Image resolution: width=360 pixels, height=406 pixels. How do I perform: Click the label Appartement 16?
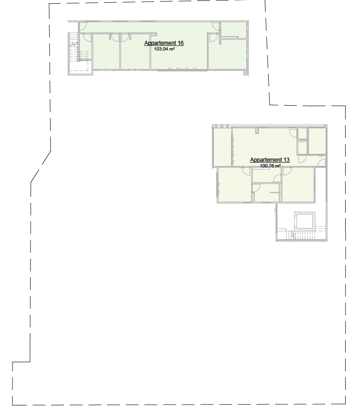(x=164, y=43)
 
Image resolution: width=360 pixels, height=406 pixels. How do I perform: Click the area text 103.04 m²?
(x=164, y=49)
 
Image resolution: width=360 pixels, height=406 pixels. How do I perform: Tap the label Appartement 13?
(x=270, y=160)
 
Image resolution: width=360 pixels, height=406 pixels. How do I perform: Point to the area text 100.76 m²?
(x=270, y=165)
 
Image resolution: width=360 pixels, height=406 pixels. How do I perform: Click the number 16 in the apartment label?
(x=180, y=43)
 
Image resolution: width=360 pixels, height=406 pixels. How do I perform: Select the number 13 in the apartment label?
(x=286, y=160)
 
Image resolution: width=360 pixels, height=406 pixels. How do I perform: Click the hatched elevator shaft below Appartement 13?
(x=304, y=221)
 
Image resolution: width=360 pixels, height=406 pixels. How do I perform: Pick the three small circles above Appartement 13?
(x=222, y=126)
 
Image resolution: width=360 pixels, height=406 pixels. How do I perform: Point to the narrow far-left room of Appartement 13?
(x=222, y=147)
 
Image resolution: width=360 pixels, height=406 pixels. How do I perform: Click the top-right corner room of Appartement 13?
(x=317, y=140)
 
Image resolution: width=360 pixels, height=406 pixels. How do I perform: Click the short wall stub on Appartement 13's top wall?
(x=257, y=131)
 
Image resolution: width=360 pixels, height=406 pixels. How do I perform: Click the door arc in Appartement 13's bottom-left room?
(x=246, y=171)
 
